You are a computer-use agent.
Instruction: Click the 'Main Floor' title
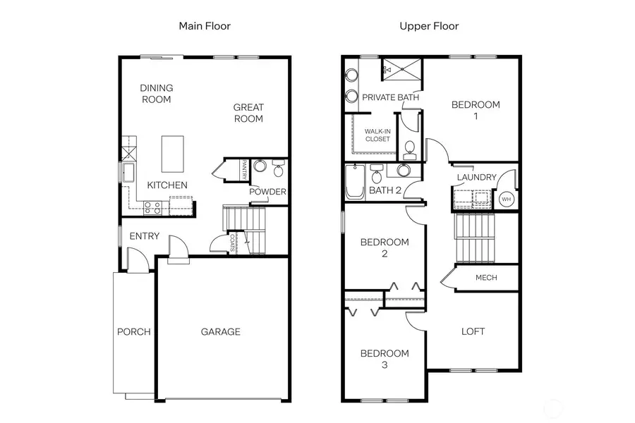[x=204, y=26]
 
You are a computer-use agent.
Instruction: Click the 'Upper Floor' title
[x=429, y=26]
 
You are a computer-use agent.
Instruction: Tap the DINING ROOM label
[x=156, y=94]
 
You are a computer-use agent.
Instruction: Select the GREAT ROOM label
[x=248, y=113]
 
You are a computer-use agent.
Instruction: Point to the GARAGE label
[x=220, y=331]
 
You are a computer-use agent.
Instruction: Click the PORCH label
[x=134, y=331]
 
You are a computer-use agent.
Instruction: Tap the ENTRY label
[x=144, y=236]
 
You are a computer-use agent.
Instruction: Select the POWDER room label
[x=267, y=192]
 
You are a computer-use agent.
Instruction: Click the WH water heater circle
[x=506, y=200]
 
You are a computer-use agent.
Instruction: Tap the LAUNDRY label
[x=476, y=177]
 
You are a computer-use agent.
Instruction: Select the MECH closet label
[x=486, y=278]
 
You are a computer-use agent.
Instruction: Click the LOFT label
[x=473, y=331]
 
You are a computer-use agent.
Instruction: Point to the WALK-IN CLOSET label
[x=377, y=135]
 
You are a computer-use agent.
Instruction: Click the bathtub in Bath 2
[x=353, y=183]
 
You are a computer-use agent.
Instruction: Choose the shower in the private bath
[x=402, y=69]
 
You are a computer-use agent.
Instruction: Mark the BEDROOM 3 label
[x=385, y=358]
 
